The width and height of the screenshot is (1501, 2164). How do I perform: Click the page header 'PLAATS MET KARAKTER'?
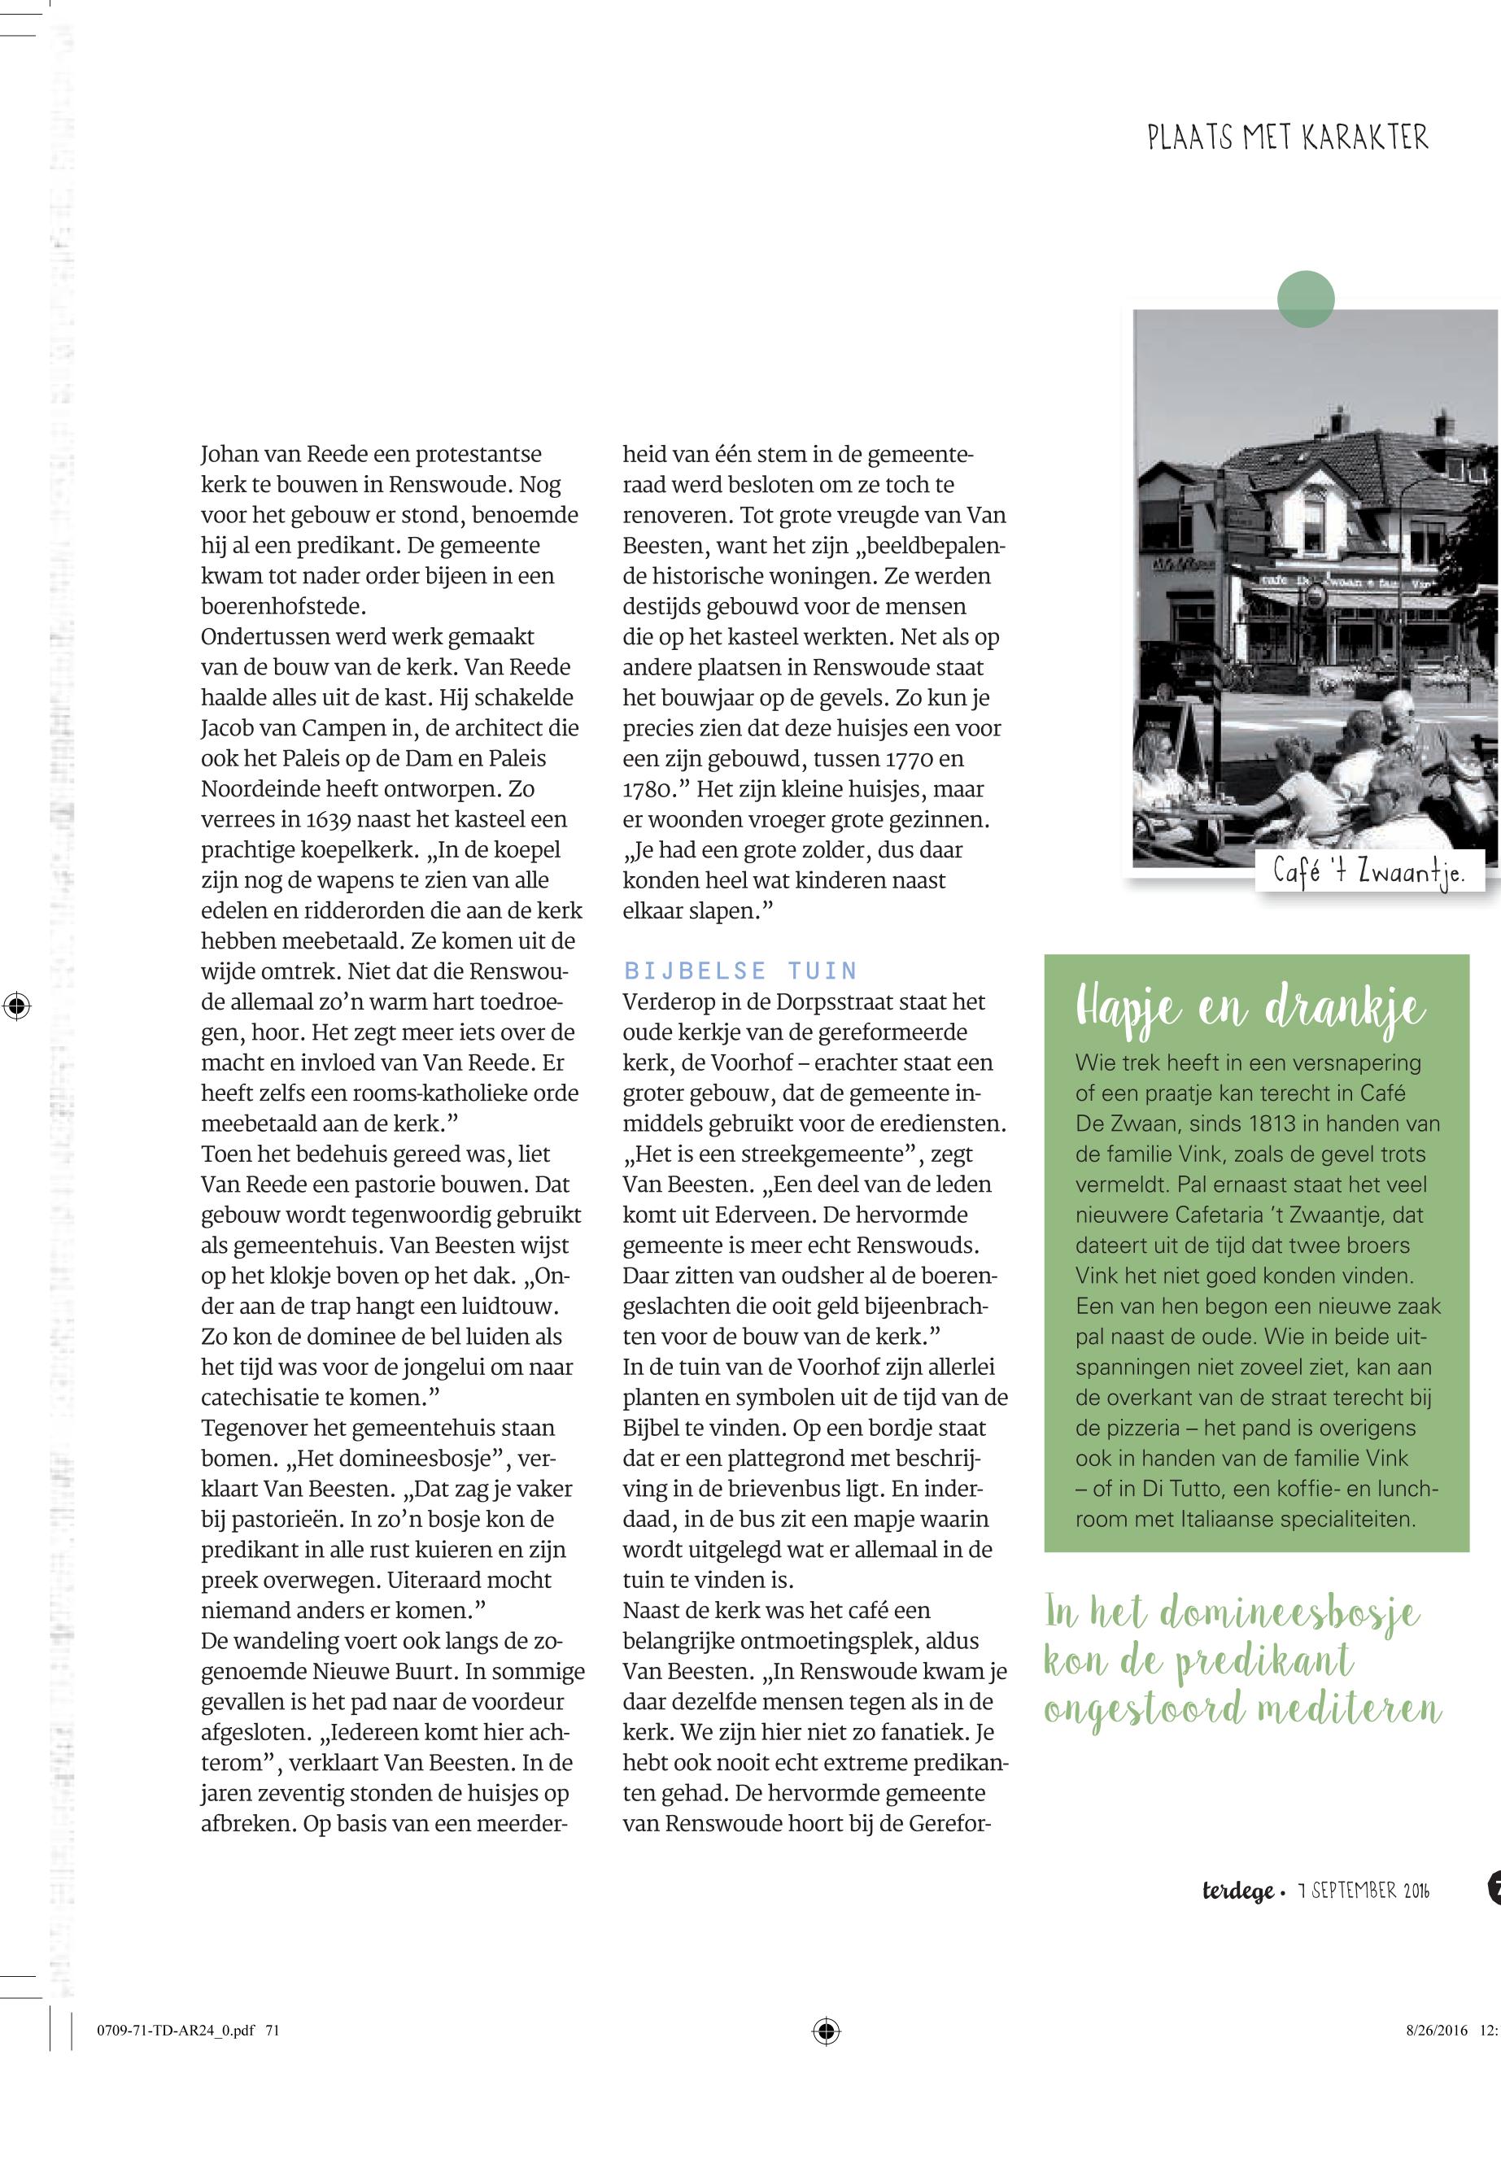(1286, 138)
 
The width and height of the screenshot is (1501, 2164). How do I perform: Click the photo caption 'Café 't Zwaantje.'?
(1368, 872)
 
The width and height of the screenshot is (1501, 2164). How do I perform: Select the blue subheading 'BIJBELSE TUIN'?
(740, 971)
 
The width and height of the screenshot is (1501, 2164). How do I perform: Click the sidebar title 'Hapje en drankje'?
(1251, 1008)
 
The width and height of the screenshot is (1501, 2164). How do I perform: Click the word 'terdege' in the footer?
(1237, 1891)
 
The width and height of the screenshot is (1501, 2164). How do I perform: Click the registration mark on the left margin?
(16, 1006)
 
